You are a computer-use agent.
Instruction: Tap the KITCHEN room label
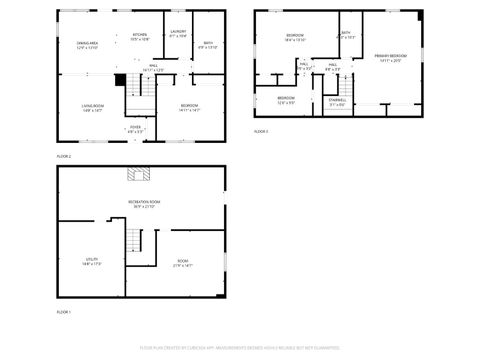[x=140, y=37]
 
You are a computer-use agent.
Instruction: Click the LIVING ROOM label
[x=93, y=107]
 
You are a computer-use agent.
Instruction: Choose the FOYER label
[x=136, y=129]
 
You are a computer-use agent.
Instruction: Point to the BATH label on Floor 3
[x=346, y=35]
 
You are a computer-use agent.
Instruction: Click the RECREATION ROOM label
[x=144, y=204]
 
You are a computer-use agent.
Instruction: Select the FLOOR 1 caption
[x=63, y=313]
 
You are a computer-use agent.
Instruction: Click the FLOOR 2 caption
[x=63, y=157]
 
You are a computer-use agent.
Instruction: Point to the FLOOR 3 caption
[x=261, y=131]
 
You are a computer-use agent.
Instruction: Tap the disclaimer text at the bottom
[x=239, y=349]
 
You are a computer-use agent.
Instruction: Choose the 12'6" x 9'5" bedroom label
[x=286, y=100]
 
